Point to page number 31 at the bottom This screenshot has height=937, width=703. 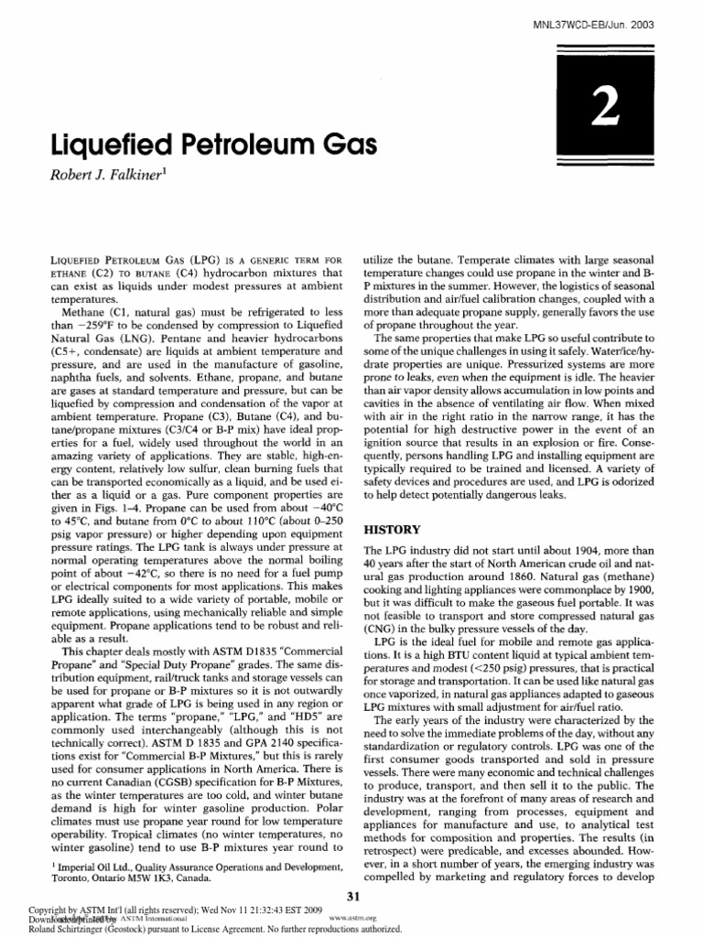(x=351, y=893)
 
